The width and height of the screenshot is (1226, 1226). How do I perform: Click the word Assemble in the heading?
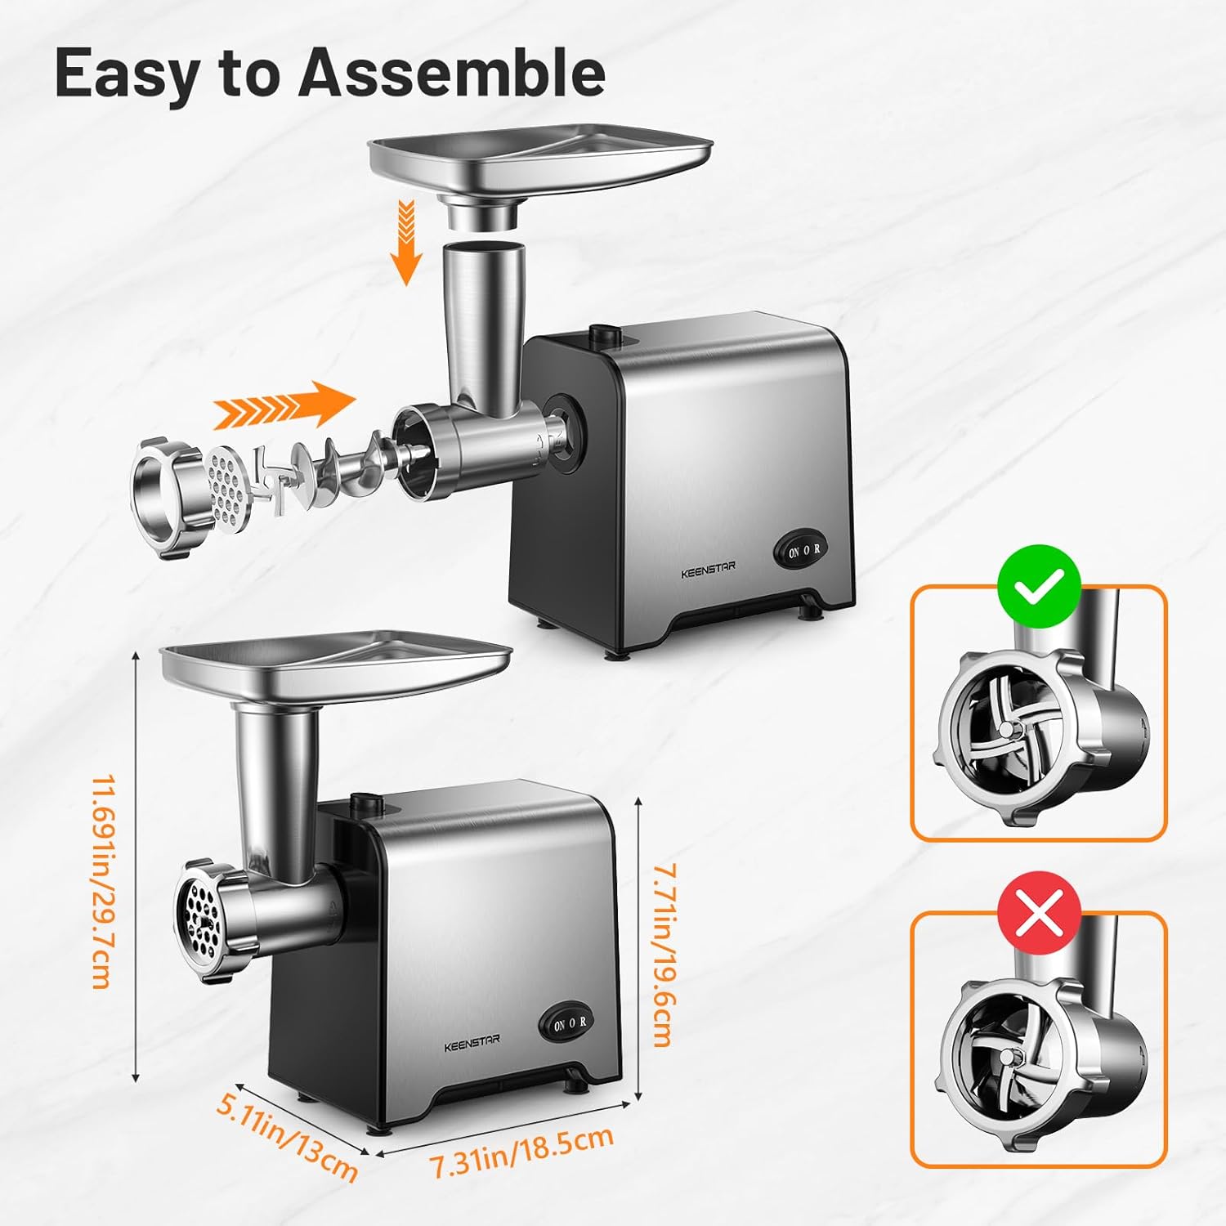click(452, 73)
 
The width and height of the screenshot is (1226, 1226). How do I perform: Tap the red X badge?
click(1040, 912)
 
